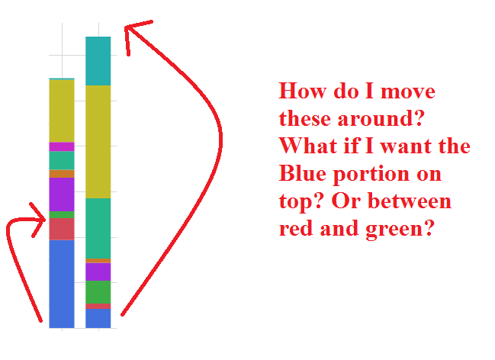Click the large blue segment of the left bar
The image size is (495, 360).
61,283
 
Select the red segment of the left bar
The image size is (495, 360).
61,229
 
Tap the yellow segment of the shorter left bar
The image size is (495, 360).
61,111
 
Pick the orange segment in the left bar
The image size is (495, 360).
61,174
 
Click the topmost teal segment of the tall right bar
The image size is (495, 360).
98,60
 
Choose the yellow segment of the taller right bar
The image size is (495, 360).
98,141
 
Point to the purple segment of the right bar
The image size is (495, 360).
98,272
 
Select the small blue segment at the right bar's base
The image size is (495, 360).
98,318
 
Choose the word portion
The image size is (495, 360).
371,175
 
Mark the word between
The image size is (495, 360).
413,201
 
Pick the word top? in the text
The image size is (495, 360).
298,203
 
